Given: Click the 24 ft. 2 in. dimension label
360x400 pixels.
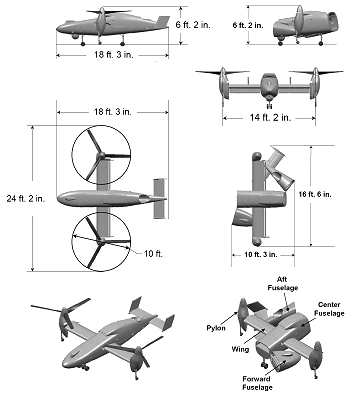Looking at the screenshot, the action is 26,198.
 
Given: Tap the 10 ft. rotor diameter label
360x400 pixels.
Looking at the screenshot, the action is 153,254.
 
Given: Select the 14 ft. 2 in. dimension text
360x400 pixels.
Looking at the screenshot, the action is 270,117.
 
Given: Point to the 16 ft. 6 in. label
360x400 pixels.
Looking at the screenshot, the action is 315,194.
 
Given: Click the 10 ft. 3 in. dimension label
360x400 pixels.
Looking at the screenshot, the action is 261,255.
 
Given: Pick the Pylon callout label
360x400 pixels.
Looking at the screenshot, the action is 216,328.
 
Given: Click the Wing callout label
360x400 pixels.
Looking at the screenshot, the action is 240,349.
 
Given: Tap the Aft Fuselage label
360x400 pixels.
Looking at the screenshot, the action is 283,283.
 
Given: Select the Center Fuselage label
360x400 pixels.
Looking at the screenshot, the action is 329,309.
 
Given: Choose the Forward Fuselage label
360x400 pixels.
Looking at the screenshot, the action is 257,383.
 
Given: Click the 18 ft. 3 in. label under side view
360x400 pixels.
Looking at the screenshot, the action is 113,55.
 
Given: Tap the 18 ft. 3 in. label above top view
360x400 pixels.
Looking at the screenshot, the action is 112,112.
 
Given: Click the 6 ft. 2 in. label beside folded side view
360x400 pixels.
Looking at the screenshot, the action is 248,25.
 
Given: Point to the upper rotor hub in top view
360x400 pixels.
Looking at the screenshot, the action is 101,155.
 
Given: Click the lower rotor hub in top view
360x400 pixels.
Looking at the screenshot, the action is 101,241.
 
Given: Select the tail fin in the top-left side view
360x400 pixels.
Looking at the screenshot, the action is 163,22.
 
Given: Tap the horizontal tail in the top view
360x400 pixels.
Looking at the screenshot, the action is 159,199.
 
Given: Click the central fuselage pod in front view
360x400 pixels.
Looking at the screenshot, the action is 269,85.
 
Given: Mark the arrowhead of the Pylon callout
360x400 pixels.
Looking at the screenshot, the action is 238,313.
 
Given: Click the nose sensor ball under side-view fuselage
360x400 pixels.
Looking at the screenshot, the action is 76,36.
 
